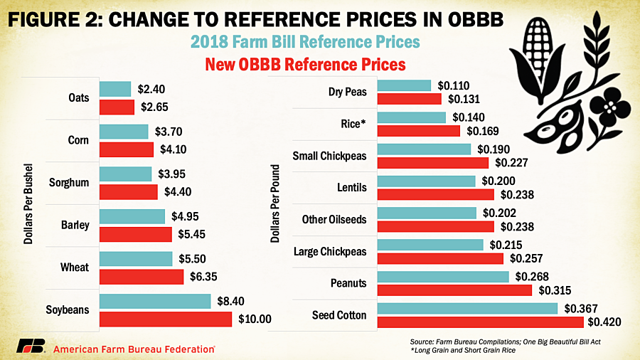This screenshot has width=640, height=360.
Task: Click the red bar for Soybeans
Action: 165,319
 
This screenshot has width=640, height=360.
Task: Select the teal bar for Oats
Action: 115,89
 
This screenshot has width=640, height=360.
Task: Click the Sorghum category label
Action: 69,183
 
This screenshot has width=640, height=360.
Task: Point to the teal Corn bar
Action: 124,132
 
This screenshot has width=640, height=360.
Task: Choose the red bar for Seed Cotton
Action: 480,322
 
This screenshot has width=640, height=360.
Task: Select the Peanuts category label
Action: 348,283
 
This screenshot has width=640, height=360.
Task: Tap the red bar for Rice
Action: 418,131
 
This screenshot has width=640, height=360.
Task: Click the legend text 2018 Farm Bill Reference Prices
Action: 306,42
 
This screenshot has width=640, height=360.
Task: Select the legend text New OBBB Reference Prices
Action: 305,64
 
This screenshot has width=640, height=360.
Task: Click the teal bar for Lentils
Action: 426,181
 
